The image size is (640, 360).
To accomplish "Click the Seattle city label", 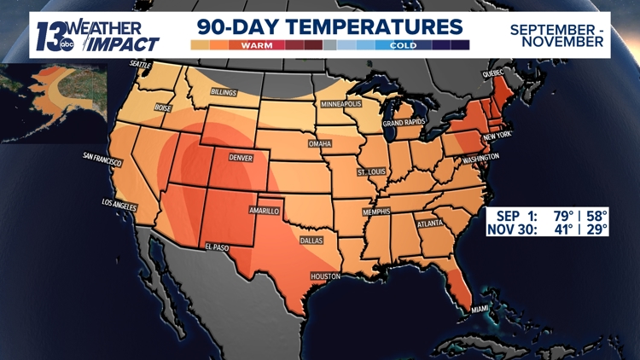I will click(x=139, y=64).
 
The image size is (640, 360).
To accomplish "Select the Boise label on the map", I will click(x=165, y=108).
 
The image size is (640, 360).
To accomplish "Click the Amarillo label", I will click(x=265, y=209).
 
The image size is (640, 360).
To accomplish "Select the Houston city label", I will click(x=326, y=276).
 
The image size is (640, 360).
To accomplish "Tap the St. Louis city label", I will click(x=373, y=172).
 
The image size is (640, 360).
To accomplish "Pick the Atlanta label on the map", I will click(x=430, y=224).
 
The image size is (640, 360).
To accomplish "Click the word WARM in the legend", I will click(x=258, y=44).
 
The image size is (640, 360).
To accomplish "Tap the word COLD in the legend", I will click(x=402, y=44).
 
